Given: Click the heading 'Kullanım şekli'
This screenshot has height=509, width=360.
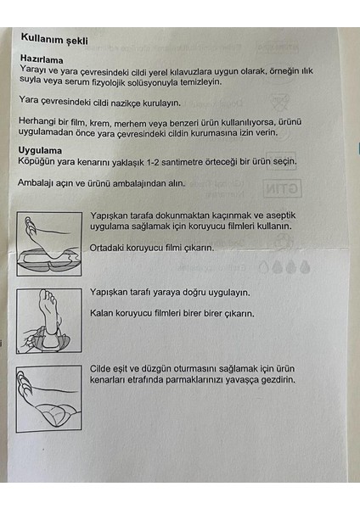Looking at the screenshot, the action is tap(54, 39).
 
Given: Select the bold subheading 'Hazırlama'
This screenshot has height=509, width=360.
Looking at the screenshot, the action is tap(42, 59).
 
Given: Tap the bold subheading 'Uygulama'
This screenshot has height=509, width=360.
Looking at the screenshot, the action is tap(40, 150).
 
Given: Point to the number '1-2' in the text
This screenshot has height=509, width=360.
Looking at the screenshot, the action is tap(153, 162).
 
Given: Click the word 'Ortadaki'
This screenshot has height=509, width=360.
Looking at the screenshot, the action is tap(106, 248).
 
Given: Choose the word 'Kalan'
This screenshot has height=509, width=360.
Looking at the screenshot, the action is tap(101, 313).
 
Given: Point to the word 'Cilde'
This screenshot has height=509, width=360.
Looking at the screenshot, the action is tap(100, 369).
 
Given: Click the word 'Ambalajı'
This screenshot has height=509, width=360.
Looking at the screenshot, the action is tap(36, 182).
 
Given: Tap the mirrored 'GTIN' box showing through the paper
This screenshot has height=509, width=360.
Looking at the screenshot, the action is tap(282, 188).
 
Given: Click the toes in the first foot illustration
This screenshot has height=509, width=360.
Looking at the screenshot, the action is tap(30, 226).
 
